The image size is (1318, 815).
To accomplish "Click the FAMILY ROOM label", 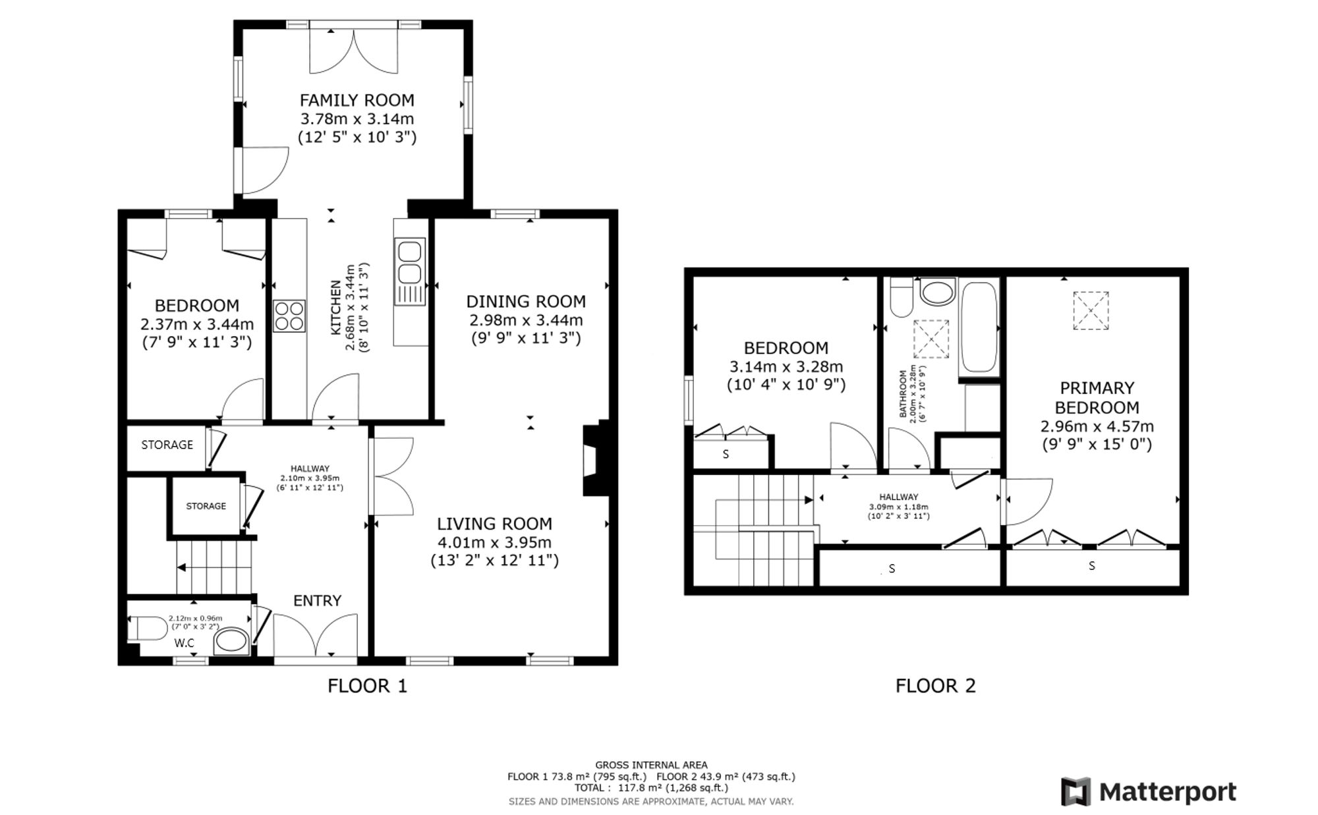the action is [357, 100].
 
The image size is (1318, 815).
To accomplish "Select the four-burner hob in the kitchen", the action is [289, 316].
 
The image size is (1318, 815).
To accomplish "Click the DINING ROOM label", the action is [526, 301].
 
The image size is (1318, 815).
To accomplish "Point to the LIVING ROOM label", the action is [494, 524].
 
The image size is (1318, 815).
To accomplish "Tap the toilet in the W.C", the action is [147, 629].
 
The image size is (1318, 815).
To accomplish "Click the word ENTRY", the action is [317, 601].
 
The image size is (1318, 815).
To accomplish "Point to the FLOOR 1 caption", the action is [368, 686].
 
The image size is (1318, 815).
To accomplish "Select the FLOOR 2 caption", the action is [935, 686].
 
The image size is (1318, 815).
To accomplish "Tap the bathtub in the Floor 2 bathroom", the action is [979, 328].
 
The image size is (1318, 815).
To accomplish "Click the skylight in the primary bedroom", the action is [1091, 310].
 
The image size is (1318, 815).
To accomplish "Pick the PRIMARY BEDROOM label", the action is [1097, 397].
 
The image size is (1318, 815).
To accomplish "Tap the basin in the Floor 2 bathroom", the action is [937, 291].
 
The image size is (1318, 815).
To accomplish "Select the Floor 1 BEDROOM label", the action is [196, 306].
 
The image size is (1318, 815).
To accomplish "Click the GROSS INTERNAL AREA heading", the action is [651, 765].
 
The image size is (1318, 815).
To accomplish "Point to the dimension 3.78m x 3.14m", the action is [357, 119].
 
